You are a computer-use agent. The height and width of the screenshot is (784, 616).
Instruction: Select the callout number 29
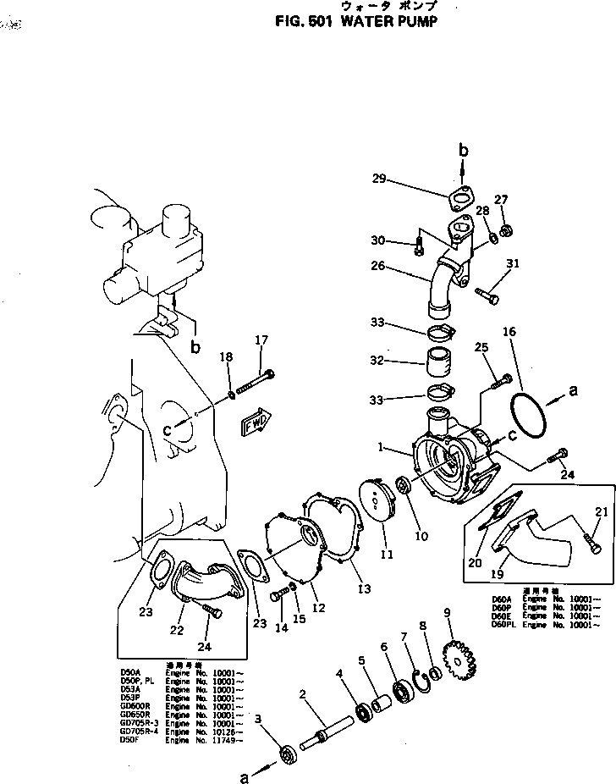click(x=379, y=178)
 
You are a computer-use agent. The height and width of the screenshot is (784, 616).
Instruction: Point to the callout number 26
click(x=377, y=266)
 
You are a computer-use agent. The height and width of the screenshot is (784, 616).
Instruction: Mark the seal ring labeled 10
click(x=403, y=488)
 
